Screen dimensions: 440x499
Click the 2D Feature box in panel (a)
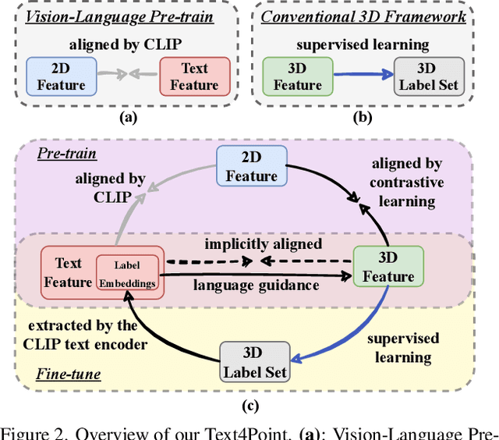tap(61, 76)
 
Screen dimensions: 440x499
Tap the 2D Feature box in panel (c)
tap(251, 167)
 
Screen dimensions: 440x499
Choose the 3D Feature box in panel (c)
tap(388, 267)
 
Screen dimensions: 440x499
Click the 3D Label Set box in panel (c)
tap(255, 362)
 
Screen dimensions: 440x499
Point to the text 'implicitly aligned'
tap(263, 244)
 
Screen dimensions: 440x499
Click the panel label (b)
tap(362, 118)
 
